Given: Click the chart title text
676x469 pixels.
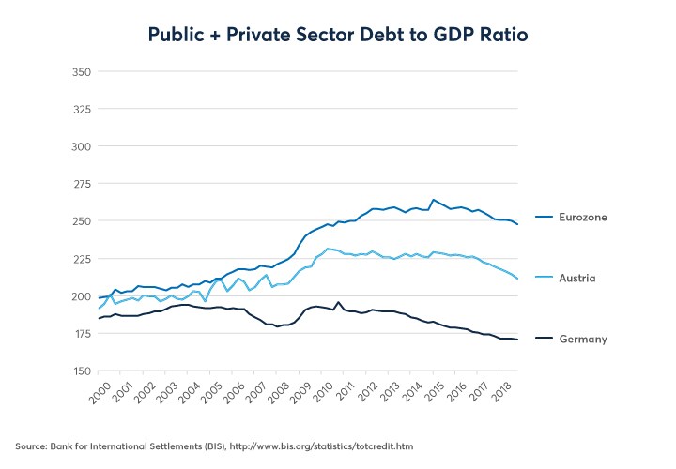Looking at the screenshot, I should coord(338,35).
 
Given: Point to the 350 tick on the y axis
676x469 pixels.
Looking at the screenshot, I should coord(80,72).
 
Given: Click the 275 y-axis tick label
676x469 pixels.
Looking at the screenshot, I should coord(80,184).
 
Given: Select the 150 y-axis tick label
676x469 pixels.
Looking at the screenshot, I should coord(80,371).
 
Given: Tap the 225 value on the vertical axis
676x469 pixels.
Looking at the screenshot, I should coord(80,259).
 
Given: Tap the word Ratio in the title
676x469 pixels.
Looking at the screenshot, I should coord(499,35).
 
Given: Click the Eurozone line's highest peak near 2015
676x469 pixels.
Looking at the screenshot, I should coord(432,200).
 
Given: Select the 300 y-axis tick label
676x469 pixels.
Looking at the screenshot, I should coord(80,147).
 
